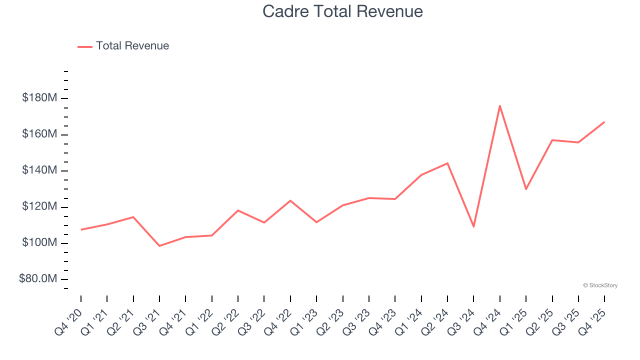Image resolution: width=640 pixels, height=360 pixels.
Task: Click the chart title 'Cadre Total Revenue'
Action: (x=342, y=11)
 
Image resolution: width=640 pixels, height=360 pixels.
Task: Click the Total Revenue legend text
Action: (x=132, y=46)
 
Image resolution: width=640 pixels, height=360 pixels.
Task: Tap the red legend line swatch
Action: (x=85, y=46)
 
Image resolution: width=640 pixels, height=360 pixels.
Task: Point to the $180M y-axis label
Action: (x=39, y=98)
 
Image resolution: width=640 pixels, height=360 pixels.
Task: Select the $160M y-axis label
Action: (x=39, y=134)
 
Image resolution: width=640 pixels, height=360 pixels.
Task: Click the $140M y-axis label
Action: (x=39, y=170)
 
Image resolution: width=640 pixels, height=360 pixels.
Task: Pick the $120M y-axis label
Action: (x=39, y=206)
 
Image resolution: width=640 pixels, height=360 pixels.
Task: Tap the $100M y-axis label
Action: (x=39, y=243)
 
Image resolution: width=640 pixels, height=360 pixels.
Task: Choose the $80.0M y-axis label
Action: (x=38, y=279)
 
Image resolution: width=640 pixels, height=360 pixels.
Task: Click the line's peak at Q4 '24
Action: (x=500, y=105)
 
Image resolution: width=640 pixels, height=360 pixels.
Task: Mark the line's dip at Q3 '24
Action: (x=473, y=226)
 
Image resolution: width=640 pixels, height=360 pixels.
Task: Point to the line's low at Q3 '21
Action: (x=159, y=246)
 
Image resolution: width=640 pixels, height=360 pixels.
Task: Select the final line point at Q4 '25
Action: (x=604, y=122)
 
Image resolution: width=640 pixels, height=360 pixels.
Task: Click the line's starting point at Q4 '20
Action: (x=81, y=229)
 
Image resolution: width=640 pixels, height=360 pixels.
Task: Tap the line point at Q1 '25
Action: (x=526, y=189)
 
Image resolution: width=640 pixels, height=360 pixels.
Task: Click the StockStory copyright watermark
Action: (x=600, y=285)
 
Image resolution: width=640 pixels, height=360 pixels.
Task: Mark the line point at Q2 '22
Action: (x=238, y=210)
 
